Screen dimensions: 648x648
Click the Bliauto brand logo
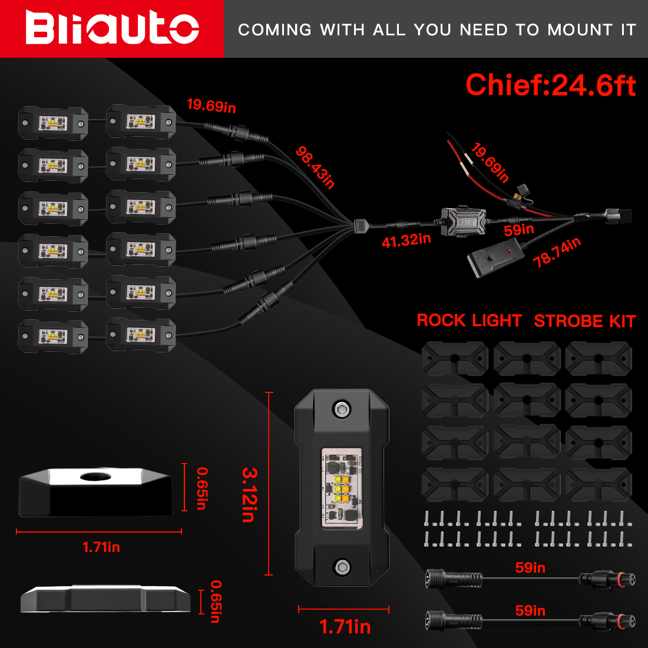coord(112,29)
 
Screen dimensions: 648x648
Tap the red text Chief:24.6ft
coord(550,85)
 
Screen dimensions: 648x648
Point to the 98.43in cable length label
coord(316,168)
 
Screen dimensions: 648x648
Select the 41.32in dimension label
coord(406,240)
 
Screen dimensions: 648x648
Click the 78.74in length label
coord(557,253)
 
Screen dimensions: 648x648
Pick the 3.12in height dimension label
coord(249,494)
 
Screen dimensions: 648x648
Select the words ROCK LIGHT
coord(469,320)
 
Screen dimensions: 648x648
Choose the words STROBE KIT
coord(584,321)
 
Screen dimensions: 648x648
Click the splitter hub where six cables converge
coord(360,225)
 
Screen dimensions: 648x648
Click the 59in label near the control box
coord(518,229)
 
